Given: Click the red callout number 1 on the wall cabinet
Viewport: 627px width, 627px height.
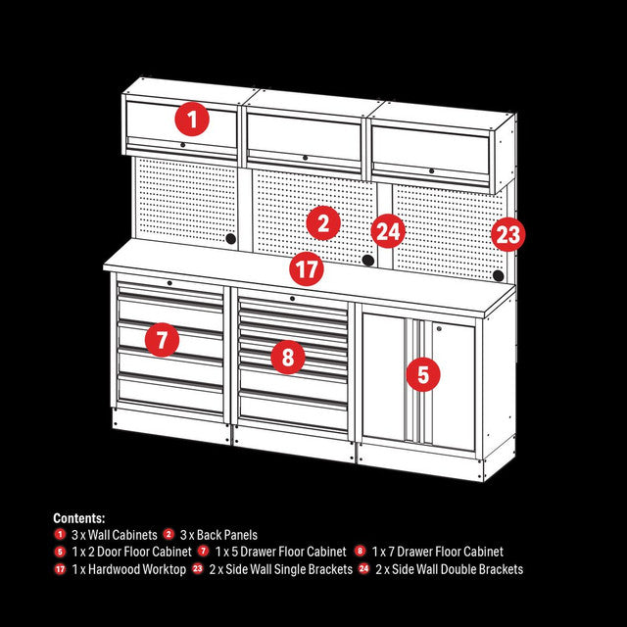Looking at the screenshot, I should click(193, 120).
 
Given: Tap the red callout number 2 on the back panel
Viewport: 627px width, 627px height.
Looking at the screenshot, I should click(322, 224).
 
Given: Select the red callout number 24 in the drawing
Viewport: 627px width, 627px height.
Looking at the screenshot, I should click(388, 232).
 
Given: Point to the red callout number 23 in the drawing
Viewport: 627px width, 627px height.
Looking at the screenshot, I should click(507, 234).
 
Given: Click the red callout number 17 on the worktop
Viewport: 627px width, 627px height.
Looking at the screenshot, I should click(307, 267).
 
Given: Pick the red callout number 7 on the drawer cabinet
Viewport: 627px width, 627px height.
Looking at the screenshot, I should click(162, 340).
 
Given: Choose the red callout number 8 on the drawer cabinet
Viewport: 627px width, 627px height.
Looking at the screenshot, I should click(287, 358).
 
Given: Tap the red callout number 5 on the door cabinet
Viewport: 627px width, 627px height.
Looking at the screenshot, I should click(422, 373).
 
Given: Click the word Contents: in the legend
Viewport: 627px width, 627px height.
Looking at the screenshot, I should click(79, 518).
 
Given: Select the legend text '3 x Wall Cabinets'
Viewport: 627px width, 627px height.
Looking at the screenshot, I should click(115, 535).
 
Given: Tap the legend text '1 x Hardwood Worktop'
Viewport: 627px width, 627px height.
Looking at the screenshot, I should click(129, 569).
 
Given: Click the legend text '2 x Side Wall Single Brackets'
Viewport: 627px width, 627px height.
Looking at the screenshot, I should click(281, 569).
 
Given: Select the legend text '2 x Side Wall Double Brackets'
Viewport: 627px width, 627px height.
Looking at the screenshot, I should click(450, 569).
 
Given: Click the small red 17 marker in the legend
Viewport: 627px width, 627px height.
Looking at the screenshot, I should click(61, 569).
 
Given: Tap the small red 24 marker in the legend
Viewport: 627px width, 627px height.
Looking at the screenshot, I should click(365, 569).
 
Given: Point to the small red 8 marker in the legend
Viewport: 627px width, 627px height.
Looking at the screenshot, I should click(362, 552).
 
